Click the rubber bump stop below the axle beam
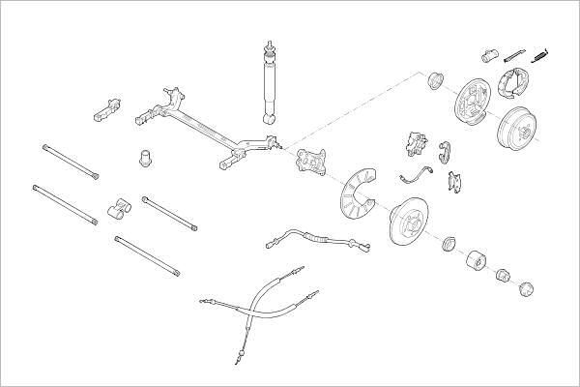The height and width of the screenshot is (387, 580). point(146,156)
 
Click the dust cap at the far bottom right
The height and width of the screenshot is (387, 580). point(528,287)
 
